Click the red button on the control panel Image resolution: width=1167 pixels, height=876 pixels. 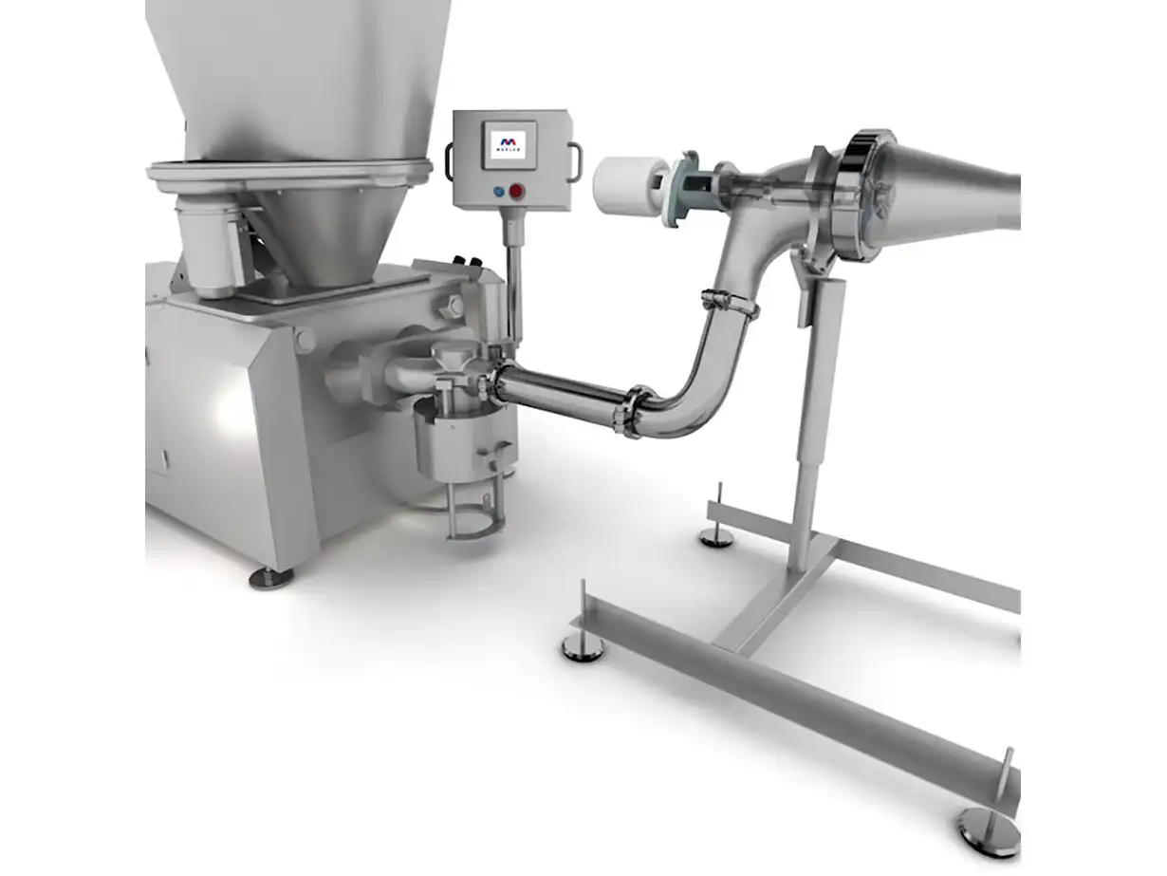pos(517,191)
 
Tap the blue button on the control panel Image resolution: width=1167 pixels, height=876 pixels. pos(499,191)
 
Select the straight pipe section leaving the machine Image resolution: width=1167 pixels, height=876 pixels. pos(560,390)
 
